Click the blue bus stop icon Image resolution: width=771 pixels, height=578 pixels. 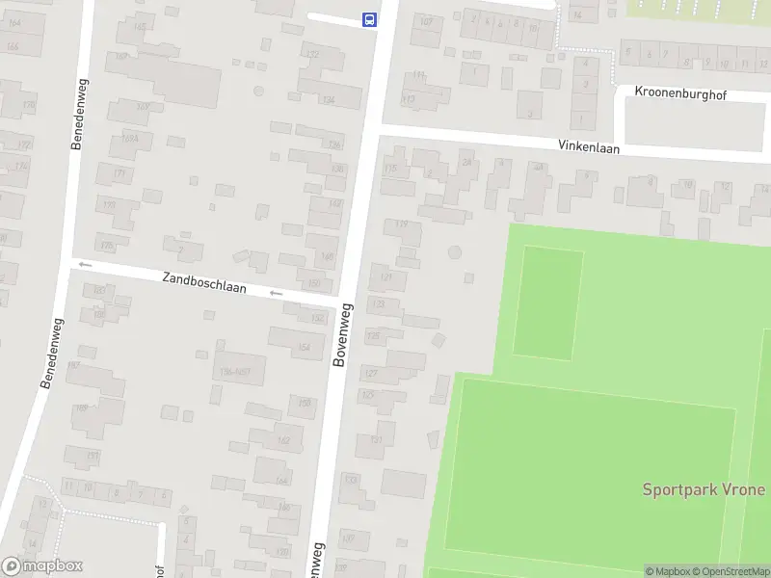(x=368, y=18)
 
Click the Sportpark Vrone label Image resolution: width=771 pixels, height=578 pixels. (x=704, y=489)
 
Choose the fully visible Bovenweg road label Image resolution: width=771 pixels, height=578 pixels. (x=342, y=334)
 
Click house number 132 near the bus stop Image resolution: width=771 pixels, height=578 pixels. (x=311, y=55)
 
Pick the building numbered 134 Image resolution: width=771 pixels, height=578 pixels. (x=328, y=99)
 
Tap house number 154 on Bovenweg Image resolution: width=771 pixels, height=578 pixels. (x=306, y=348)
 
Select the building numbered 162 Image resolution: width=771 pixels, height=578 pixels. (x=283, y=441)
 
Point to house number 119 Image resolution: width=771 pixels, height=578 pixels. (x=402, y=224)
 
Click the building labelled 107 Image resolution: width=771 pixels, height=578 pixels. (x=426, y=21)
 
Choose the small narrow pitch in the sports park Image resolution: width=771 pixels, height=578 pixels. (x=548, y=302)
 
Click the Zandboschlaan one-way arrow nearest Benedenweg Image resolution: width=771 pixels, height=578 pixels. (x=85, y=264)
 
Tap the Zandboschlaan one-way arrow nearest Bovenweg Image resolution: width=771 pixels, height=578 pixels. (x=277, y=293)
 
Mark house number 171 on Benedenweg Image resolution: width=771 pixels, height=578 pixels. (x=120, y=173)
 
